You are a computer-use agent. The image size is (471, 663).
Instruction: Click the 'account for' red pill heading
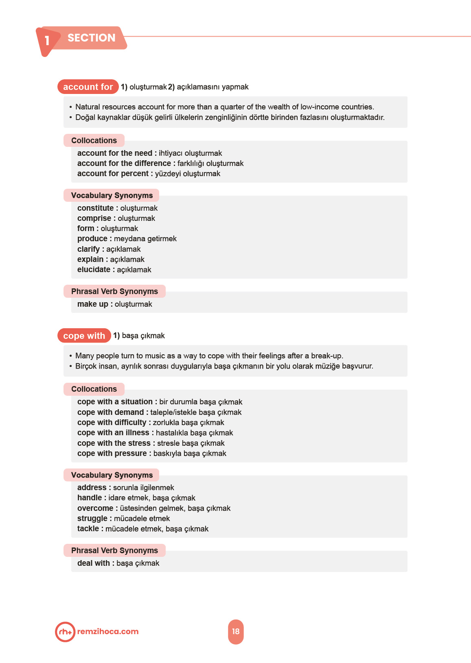pyautogui.click(x=88, y=87)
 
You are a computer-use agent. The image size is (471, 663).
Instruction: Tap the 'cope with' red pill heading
pyautogui.click(x=84, y=336)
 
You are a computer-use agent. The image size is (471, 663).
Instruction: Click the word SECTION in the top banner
pyautogui.click(x=92, y=38)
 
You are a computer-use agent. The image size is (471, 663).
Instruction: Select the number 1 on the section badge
pyautogui.click(x=47, y=41)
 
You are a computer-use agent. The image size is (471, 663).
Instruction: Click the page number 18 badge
pyautogui.click(x=236, y=632)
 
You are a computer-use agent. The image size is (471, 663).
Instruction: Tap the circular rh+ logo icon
pyautogui.click(x=65, y=632)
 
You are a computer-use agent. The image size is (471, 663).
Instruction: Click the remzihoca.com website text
pyautogui.click(x=108, y=632)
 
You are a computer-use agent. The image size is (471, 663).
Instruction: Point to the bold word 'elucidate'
pyautogui.click(x=94, y=270)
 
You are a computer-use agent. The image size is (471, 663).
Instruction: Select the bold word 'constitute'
pyautogui.click(x=95, y=208)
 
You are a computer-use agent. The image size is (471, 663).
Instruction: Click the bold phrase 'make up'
pyautogui.click(x=93, y=304)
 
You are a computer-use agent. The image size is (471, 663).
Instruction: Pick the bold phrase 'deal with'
pyautogui.click(x=94, y=563)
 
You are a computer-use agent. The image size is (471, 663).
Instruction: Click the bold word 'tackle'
pyautogui.click(x=88, y=529)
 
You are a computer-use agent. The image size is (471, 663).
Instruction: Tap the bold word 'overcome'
pyautogui.click(x=95, y=508)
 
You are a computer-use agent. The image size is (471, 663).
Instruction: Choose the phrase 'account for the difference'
pyautogui.click(x=124, y=164)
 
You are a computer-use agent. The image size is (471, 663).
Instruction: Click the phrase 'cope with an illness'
pyautogui.click(x=113, y=433)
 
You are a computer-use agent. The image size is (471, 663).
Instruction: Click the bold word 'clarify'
pyautogui.click(x=88, y=249)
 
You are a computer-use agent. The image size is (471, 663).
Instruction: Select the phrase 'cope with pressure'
pyautogui.click(x=112, y=454)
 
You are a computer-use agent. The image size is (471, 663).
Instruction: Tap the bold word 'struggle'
pyautogui.click(x=92, y=519)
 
